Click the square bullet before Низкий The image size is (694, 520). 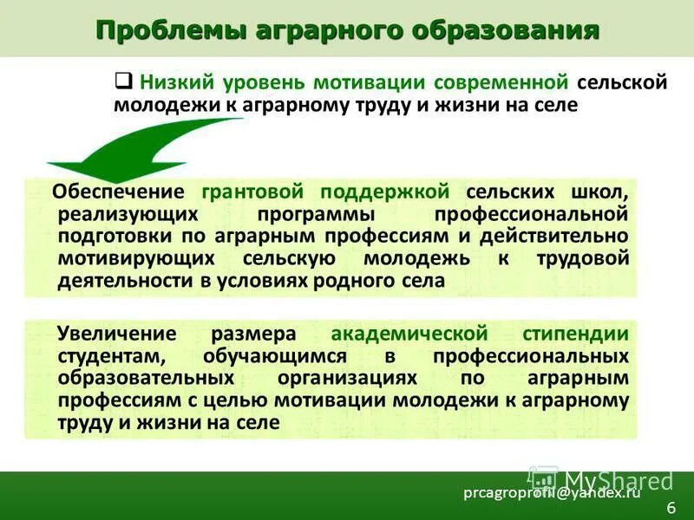[x=123, y=81]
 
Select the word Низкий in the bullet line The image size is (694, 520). [x=175, y=82]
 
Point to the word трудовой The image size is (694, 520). [x=581, y=258]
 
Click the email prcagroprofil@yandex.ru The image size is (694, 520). [x=552, y=492]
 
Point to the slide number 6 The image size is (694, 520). [x=670, y=506]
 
